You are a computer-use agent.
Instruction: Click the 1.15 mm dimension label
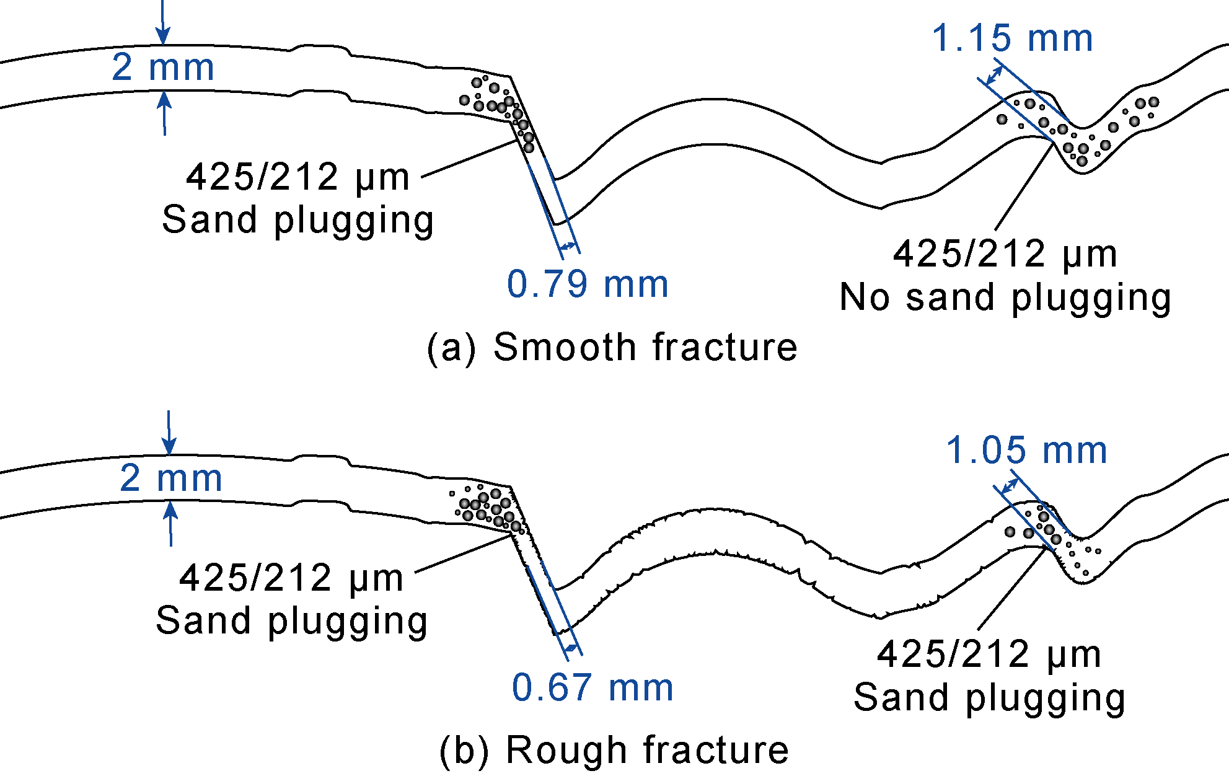click(x=1012, y=38)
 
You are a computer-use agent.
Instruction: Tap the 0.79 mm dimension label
click(x=588, y=284)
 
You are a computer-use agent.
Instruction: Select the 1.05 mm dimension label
click(x=1026, y=450)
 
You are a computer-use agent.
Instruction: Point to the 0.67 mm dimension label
click(x=592, y=687)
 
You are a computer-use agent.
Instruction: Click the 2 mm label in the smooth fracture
click(x=163, y=67)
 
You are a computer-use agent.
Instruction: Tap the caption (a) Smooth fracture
click(x=612, y=346)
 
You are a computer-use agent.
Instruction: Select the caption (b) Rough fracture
click(x=614, y=750)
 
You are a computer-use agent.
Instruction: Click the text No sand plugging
click(x=1005, y=298)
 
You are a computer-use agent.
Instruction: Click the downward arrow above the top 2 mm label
click(x=162, y=22)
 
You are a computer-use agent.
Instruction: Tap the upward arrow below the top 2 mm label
click(x=164, y=113)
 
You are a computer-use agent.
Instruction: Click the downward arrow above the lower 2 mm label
click(x=169, y=433)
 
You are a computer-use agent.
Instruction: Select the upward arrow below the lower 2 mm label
click(x=171, y=524)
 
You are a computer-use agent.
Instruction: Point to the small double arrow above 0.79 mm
click(x=568, y=247)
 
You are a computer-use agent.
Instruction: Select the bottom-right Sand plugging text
click(x=990, y=698)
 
